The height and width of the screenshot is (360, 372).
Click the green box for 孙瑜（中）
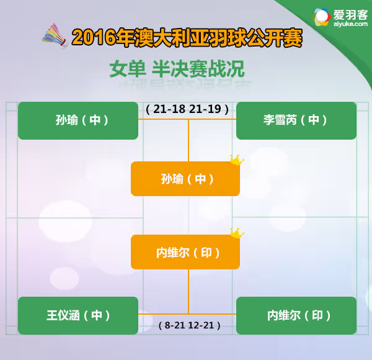coord(78,120)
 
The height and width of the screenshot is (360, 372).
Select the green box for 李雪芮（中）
coord(296,120)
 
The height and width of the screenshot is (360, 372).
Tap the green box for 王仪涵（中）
coord(78,315)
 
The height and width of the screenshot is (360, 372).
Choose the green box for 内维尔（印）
coord(296,315)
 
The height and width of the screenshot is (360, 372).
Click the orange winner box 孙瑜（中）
coord(185,179)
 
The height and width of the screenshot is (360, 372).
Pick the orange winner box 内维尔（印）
coord(185,252)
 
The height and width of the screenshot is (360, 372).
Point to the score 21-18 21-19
coord(187,109)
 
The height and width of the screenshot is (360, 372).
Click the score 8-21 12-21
coord(189,325)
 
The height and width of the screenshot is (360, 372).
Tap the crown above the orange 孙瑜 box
coord(237,160)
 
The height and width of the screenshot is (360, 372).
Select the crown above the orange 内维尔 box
coord(237,233)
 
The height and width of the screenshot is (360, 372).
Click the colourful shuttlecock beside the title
coord(54,35)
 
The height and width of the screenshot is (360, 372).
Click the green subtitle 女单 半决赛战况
coord(177,69)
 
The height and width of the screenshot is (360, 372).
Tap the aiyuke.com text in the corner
coord(350,24)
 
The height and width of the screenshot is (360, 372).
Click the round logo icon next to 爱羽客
coord(321,17)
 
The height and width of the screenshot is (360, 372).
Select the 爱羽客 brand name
coord(350,15)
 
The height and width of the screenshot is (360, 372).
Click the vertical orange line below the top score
coord(188,140)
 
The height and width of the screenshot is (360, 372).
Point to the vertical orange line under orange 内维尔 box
coord(188,291)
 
